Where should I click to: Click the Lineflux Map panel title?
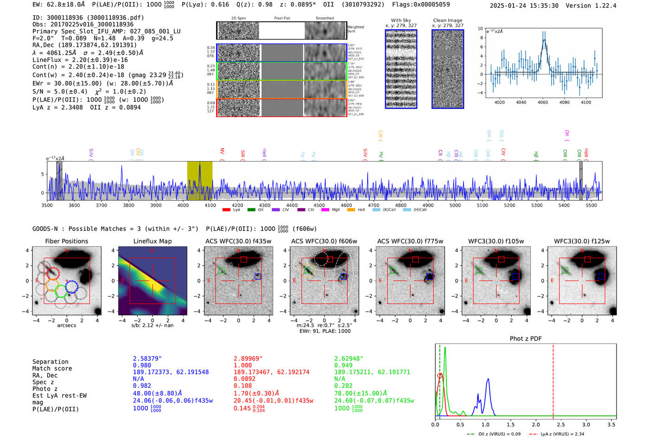point(152,241)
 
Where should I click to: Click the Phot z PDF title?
point(526,339)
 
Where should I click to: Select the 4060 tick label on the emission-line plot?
point(542,102)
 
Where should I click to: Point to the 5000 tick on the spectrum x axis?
point(455,205)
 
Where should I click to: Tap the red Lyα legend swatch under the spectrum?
point(226,210)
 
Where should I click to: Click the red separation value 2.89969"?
point(248,359)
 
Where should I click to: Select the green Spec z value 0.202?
point(344,385)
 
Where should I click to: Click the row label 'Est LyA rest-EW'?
point(59,396)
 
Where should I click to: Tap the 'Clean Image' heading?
point(447,20)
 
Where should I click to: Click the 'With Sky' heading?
point(401,20)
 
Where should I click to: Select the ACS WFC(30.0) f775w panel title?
point(410,241)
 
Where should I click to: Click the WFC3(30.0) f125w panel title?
point(582,241)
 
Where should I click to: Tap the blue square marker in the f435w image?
point(258,276)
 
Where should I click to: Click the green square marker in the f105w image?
point(479,270)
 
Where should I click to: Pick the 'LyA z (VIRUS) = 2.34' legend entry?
point(558,434)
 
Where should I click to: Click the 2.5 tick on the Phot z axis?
point(561,424)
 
